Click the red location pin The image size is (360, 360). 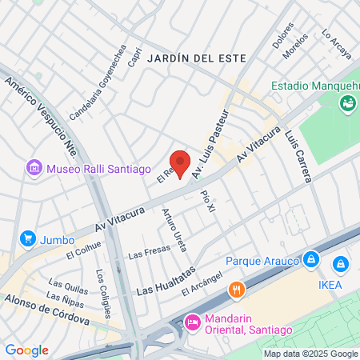(180, 162)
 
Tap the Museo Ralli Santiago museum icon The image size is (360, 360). (34, 168)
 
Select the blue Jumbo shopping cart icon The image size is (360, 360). (28, 238)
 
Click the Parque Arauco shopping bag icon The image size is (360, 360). (311, 260)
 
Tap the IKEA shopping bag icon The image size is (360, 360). (341, 263)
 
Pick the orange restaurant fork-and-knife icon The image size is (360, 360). (236, 290)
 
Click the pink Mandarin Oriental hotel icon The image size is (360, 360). (192, 322)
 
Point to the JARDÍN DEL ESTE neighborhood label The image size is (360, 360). (208, 58)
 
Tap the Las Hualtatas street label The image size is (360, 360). (166, 282)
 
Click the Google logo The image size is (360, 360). (26, 350)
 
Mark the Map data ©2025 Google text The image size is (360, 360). (311, 354)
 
